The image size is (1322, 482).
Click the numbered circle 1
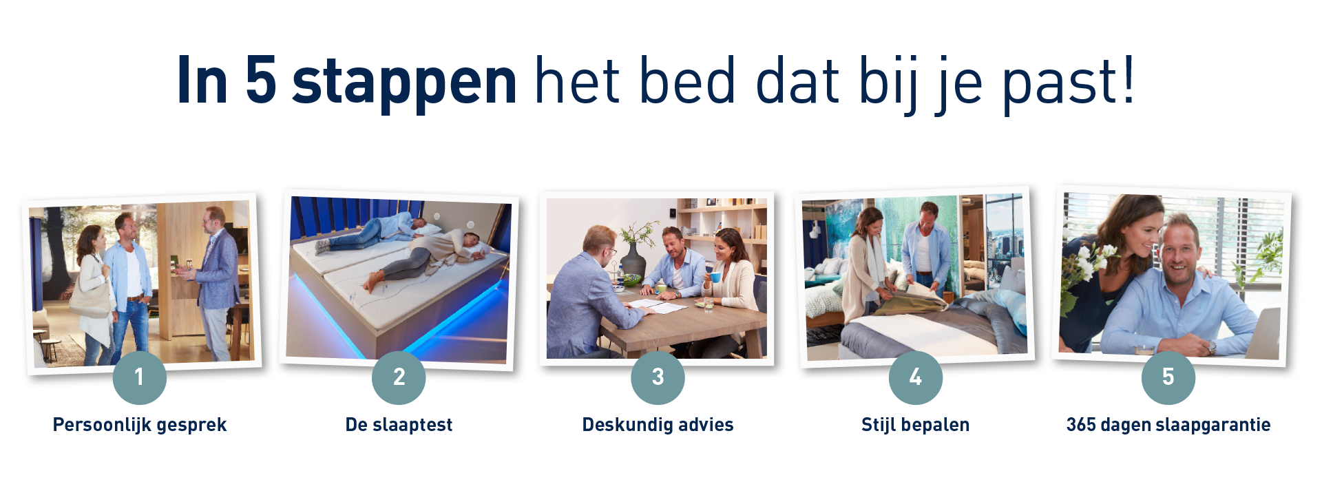click(x=139, y=377)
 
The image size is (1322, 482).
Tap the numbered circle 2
click(x=399, y=377)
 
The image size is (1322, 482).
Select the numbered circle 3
click(x=658, y=377)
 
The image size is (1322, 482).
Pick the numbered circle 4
click(x=916, y=377)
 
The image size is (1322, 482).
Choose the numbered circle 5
click(x=1168, y=377)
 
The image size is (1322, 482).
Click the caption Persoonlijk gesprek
click(x=140, y=425)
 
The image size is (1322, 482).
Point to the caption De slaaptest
click(x=399, y=425)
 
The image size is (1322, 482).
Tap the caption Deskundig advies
click(x=658, y=425)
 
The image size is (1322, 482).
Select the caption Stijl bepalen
click(x=915, y=425)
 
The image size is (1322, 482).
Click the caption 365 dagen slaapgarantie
click(x=1168, y=425)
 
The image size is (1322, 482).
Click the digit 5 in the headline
click(x=261, y=81)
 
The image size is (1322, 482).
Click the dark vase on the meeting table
click(x=633, y=262)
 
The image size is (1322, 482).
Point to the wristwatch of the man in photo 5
click(x=1210, y=346)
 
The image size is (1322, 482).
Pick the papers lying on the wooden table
click(x=654, y=305)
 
